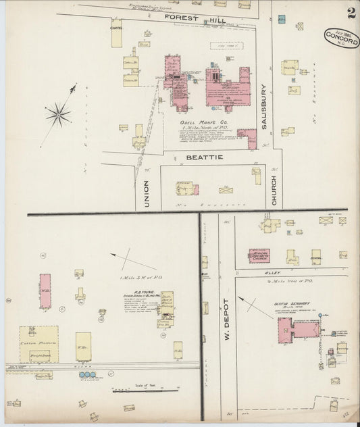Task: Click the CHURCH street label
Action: click(x=274, y=189)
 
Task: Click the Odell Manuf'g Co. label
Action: click(x=203, y=123)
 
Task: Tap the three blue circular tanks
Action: click(x=88, y=374)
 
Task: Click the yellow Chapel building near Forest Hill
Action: click(x=117, y=34)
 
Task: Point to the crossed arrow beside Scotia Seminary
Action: click(x=254, y=306)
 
